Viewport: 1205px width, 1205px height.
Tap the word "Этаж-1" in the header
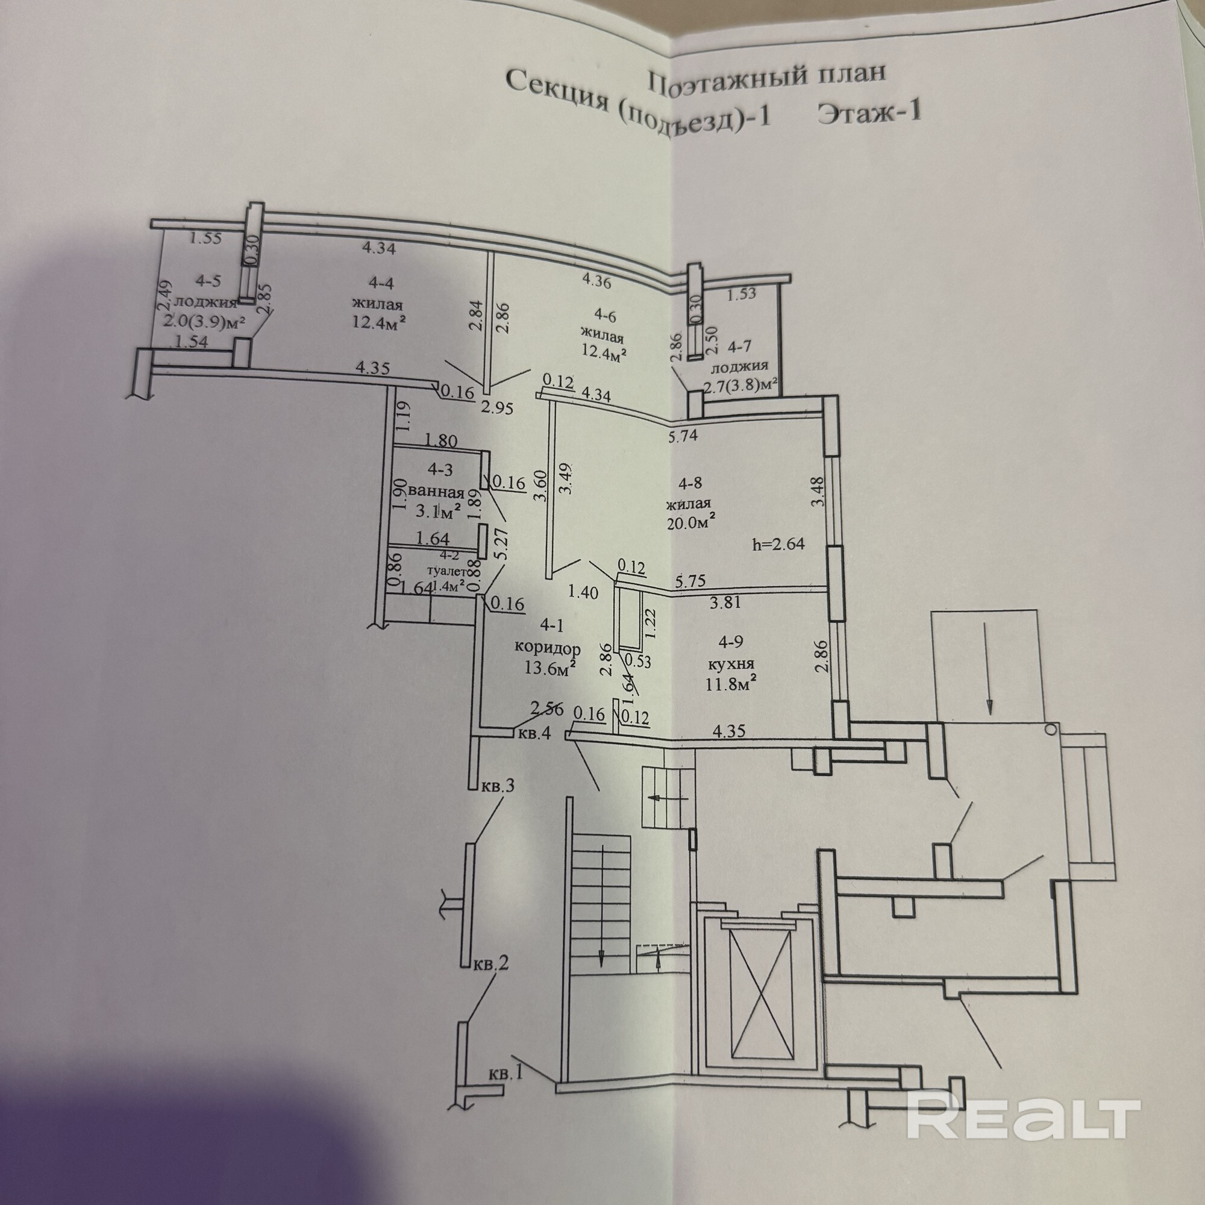869,114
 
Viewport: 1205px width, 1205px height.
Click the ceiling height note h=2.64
778,543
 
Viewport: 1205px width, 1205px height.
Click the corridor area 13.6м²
548,669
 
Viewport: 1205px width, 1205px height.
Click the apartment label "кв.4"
534,733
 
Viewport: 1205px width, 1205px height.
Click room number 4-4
381,283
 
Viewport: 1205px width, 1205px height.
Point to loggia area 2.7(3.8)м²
740,386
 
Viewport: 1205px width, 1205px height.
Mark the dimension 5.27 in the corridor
504,543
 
